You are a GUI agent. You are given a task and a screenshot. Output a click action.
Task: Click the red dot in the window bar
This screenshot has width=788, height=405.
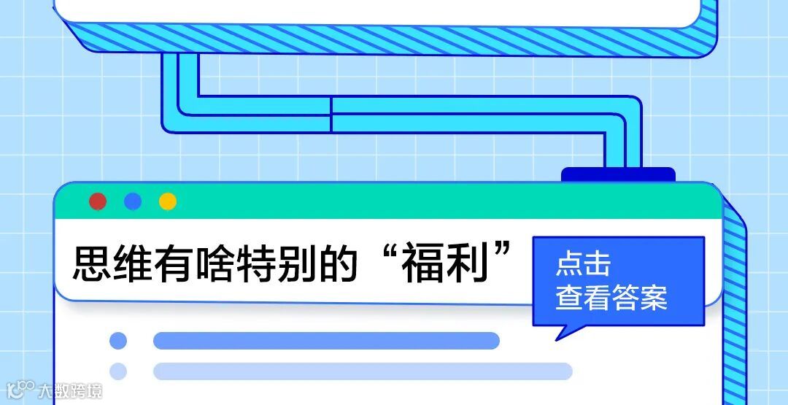click(x=98, y=201)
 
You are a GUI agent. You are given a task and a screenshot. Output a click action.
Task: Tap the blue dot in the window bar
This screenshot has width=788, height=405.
click(x=133, y=201)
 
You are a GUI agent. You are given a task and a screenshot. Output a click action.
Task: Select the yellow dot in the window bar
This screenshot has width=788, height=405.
click(x=168, y=201)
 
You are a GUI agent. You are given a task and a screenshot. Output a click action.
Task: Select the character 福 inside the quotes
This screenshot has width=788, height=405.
click(x=424, y=264)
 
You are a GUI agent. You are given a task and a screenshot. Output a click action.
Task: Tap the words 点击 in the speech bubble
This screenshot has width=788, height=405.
click(x=583, y=264)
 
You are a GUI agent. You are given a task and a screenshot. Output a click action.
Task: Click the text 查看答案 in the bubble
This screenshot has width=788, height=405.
click(x=611, y=298)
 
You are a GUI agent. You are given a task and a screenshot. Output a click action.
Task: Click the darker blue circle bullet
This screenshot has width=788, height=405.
click(x=117, y=341)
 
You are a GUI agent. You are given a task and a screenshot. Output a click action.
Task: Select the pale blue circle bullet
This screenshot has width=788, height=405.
click(x=117, y=371)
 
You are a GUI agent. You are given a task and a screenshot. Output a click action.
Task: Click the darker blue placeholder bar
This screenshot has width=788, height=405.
click(x=326, y=341)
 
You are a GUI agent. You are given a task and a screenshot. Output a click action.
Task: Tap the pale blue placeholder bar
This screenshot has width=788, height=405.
click(x=363, y=371)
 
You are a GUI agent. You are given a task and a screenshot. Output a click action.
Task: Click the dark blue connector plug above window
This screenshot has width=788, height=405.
click(x=618, y=174)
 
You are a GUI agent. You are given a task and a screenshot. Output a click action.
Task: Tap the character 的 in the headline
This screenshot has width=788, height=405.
click(x=341, y=264)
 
